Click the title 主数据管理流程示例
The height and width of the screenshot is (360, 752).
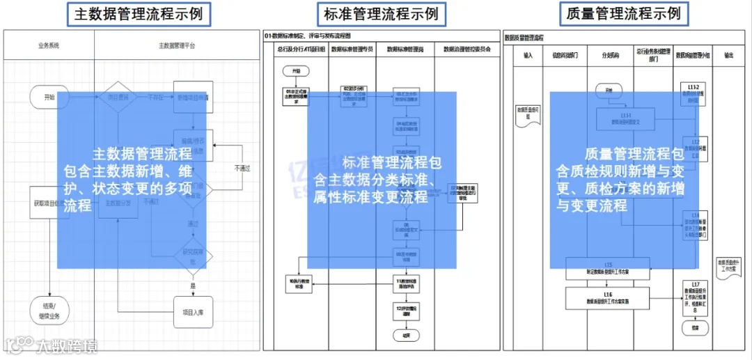pyautogui.click(x=139, y=14)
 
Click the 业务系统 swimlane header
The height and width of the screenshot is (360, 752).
pyautogui.click(x=49, y=45)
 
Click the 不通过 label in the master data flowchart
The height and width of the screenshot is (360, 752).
pyautogui.click(x=242, y=168)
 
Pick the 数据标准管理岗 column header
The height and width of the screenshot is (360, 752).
pyautogui.click(x=405, y=50)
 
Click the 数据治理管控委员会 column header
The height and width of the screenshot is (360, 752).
pyautogui.click(x=467, y=50)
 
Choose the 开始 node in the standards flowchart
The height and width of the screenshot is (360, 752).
pyautogui.click(x=296, y=71)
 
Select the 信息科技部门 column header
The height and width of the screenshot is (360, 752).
pyautogui.click(x=565, y=55)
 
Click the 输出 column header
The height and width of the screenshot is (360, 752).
pyautogui.click(x=728, y=55)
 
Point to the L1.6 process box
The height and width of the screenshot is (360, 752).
pyautogui.click(x=607, y=298)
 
